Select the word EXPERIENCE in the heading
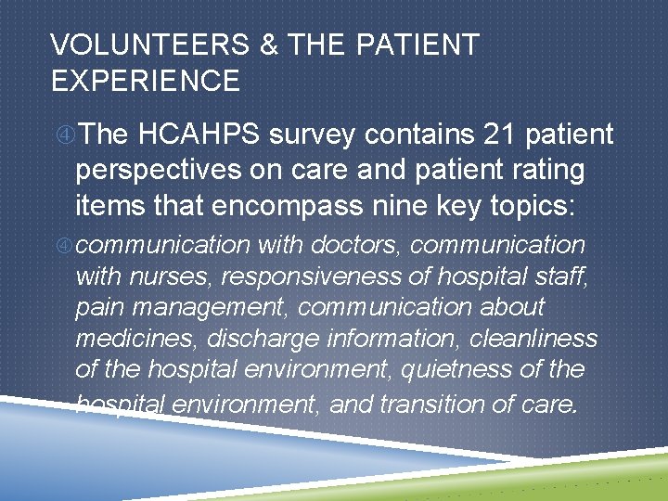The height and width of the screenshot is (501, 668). [146, 81]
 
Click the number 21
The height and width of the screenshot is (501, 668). [500, 135]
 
